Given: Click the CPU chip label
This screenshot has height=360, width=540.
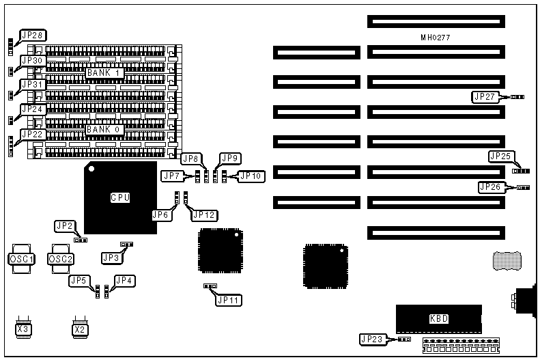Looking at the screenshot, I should coord(120,198).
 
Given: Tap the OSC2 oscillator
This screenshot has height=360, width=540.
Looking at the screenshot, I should coord(60,259).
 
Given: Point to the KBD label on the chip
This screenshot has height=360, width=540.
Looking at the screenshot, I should coord(439,319).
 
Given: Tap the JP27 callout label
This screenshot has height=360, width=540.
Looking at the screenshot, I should coord(485,97).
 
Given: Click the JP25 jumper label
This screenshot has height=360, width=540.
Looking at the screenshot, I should coord(501,156).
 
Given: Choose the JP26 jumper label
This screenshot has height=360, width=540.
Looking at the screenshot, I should coord(492,186).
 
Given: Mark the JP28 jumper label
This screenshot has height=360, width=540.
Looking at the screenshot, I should coord(31,35).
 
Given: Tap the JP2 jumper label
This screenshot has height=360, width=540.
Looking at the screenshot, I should coord(66,226).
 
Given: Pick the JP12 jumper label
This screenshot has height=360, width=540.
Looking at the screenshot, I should coord(204,215).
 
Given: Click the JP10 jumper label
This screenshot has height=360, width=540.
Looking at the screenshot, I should coord(250,176).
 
